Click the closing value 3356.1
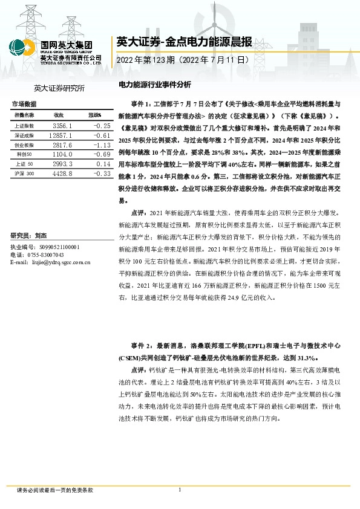pyautogui.click(x=63, y=126)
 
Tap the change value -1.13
pyautogui.click(x=100, y=145)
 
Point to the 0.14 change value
pyautogui.click(x=102, y=164)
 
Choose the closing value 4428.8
pyautogui.click(x=63, y=174)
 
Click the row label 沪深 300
pyautogui.click(x=25, y=174)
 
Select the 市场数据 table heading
pyautogui.click(x=25, y=103)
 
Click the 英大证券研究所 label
pyautogui.click(x=60, y=89)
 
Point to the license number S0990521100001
pyautogui.click(x=58, y=248)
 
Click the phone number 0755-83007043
pyautogui.click(x=49, y=255)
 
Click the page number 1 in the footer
pyautogui.click(x=180, y=490)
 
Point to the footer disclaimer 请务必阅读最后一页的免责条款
pyautogui.click(x=55, y=490)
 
